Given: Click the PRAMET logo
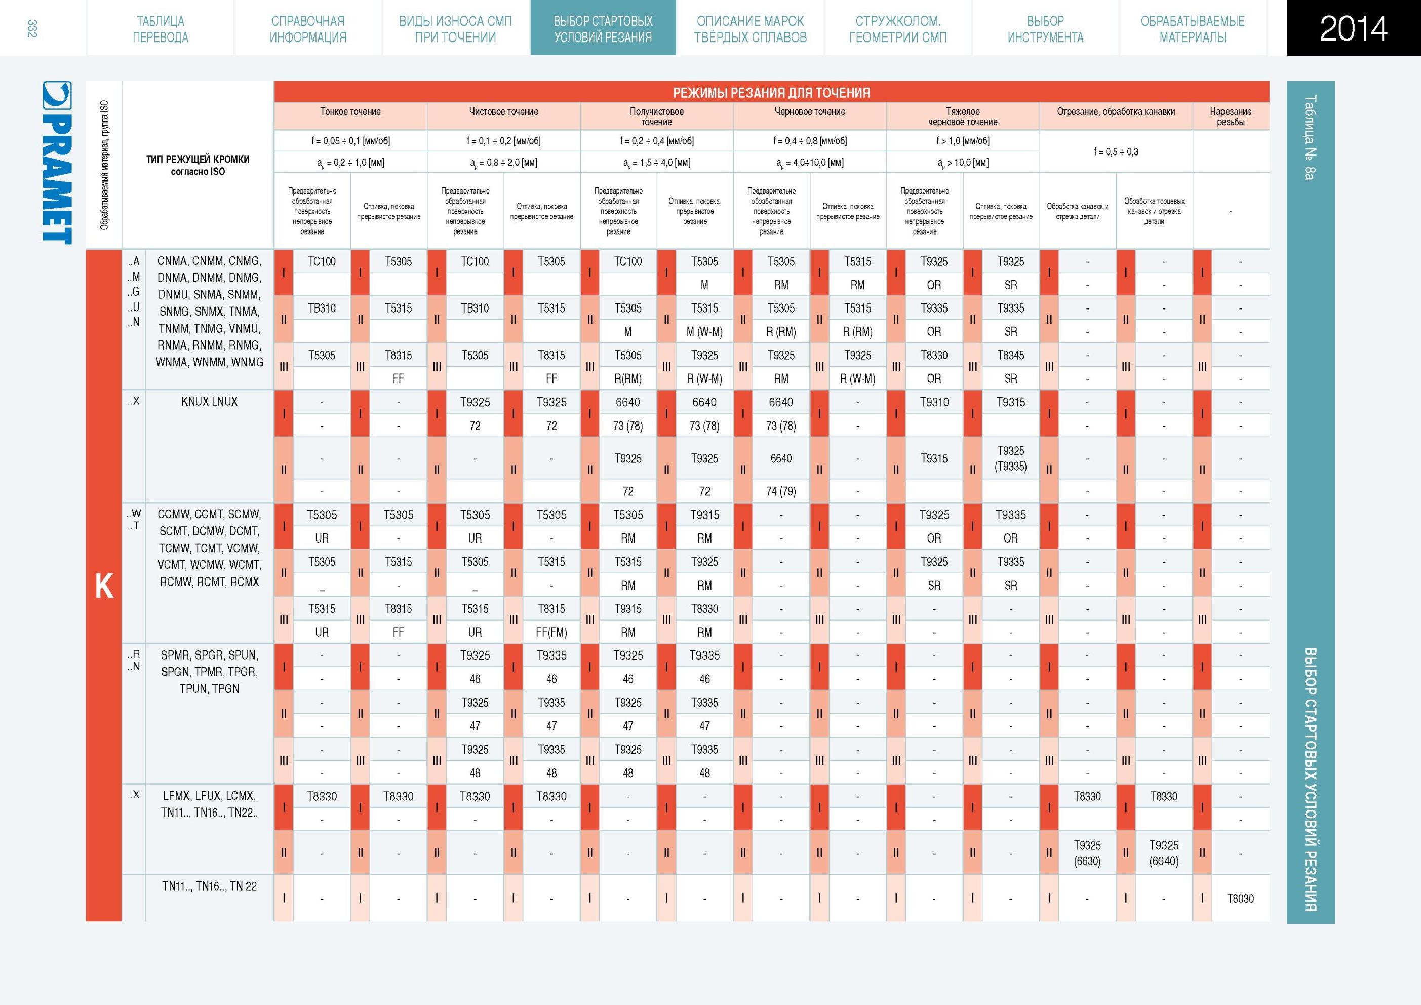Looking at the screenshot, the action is (x=57, y=162).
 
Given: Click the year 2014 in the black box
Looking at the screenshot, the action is (x=1353, y=28).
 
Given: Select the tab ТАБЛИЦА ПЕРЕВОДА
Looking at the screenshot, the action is (x=161, y=29).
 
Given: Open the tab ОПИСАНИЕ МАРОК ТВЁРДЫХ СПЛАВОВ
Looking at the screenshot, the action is (x=750, y=29).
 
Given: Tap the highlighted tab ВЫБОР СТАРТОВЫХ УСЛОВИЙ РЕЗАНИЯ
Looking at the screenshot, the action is (x=603, y=29).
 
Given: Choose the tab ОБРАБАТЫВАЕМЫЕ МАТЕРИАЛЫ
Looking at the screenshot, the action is (x=1193, y=29).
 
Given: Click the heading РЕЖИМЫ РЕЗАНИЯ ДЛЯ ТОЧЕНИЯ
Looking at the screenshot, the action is (x=771, y=92).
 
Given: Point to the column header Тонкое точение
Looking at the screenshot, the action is (x=350, y=111).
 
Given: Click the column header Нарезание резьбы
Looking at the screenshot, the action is (x=1231, y=117).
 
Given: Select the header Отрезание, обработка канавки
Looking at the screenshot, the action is (x=1116, y=111).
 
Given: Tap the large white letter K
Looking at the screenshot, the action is (x=104, y=586).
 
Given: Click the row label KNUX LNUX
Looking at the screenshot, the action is (x=209, y=401).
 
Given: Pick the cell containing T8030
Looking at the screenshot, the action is (x=1240, y=899).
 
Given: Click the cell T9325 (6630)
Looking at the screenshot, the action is (x=1087, y=853).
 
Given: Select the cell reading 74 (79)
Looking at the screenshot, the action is (x=781, y=491).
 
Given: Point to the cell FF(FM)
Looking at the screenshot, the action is (x=551, y=632).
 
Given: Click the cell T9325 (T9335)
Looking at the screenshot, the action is (x=1011, y=458).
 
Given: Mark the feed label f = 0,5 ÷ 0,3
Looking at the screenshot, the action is (x=1116, y=151).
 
